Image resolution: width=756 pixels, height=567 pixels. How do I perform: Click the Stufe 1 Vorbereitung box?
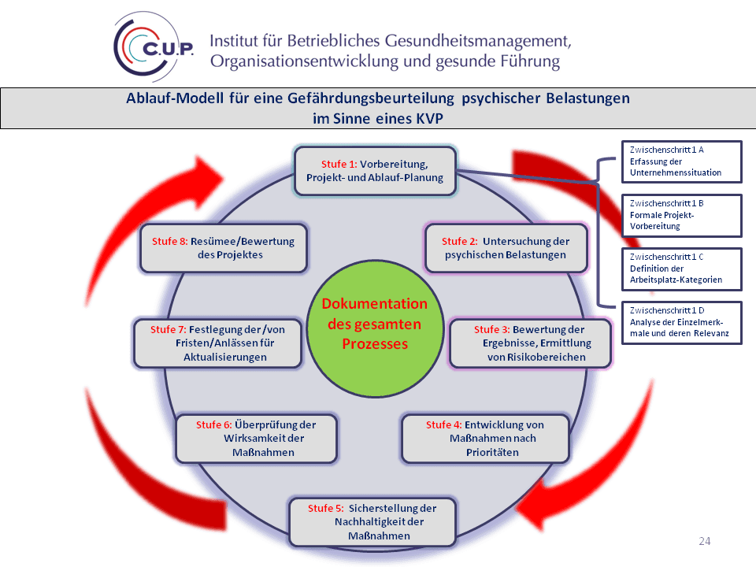pos(375,170)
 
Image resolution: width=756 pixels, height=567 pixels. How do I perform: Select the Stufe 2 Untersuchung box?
pos(506,248)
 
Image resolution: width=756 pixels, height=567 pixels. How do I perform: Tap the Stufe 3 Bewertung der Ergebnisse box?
pos(529,343)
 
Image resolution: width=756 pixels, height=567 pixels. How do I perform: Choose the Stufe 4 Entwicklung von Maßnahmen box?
pos(485,439)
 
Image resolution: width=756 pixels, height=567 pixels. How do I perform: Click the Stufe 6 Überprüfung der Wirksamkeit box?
pos(257,439)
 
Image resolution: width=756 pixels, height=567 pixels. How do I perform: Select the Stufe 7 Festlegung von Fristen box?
pos(218,343)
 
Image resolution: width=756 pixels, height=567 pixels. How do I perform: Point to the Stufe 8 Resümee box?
pos(224,248)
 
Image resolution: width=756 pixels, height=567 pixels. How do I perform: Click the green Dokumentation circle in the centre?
pos(375,324)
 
